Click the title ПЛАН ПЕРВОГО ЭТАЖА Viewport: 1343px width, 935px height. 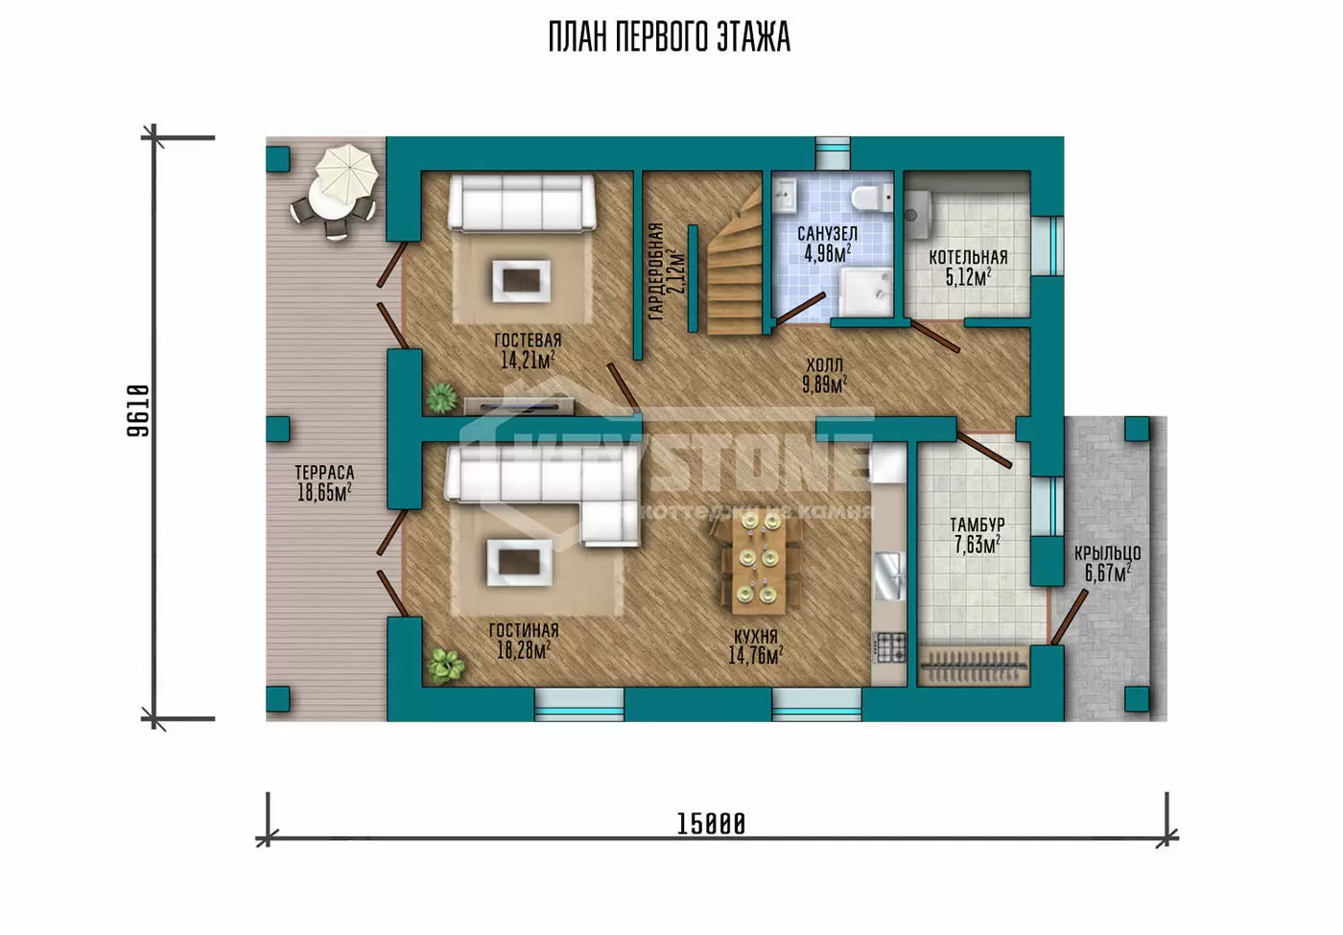click(670, 37)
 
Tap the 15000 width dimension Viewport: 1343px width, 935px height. click(711, 824)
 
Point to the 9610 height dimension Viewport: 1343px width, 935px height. click(138, 411)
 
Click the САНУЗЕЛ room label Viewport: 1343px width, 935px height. click(827, 234)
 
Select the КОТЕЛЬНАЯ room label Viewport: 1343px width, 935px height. click(968, 258)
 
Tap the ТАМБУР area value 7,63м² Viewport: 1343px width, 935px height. click(978, 546)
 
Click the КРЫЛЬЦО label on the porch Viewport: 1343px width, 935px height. click(1107, 553)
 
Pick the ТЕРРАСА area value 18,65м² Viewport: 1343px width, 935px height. click(324, 492)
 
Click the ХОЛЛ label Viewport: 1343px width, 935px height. click(824, 364)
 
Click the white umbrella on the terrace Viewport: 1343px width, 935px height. click(346, 175)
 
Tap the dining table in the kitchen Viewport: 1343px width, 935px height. click(758, 564)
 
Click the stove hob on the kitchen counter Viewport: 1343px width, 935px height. click(890, 648)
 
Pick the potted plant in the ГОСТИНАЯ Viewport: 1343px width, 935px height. click(445, 666)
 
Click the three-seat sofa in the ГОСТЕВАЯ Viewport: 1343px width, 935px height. click(522, 202)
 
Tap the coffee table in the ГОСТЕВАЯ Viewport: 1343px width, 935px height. click(521, 280)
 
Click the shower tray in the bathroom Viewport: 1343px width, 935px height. click(865, 292)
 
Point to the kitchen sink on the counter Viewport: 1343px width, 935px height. click(889, 576)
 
